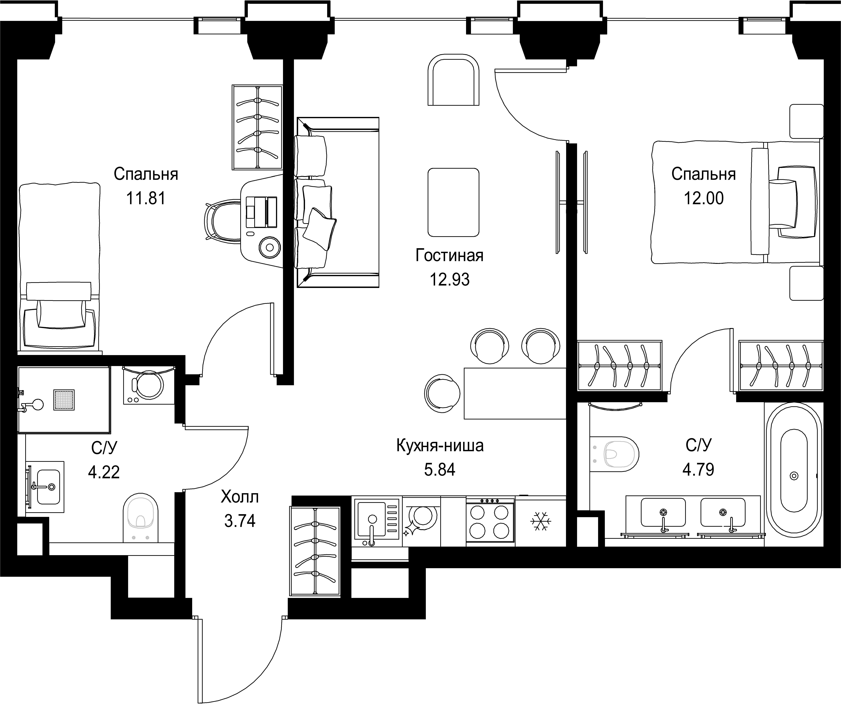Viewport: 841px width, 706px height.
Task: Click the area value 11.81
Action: (146, 198)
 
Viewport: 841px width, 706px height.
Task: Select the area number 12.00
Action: (704, 198)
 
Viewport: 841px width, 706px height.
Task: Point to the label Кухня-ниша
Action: (440, 445)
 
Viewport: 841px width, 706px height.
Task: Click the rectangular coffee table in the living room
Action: (453, 203)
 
